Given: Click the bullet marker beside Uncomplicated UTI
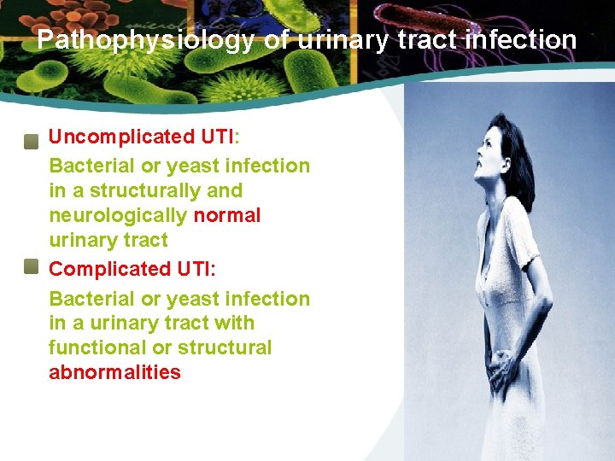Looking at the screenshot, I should (31, 141).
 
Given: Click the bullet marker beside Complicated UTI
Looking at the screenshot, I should (31, 267).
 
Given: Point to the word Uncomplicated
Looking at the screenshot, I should (121, 137).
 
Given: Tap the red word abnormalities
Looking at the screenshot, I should (114, 372).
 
